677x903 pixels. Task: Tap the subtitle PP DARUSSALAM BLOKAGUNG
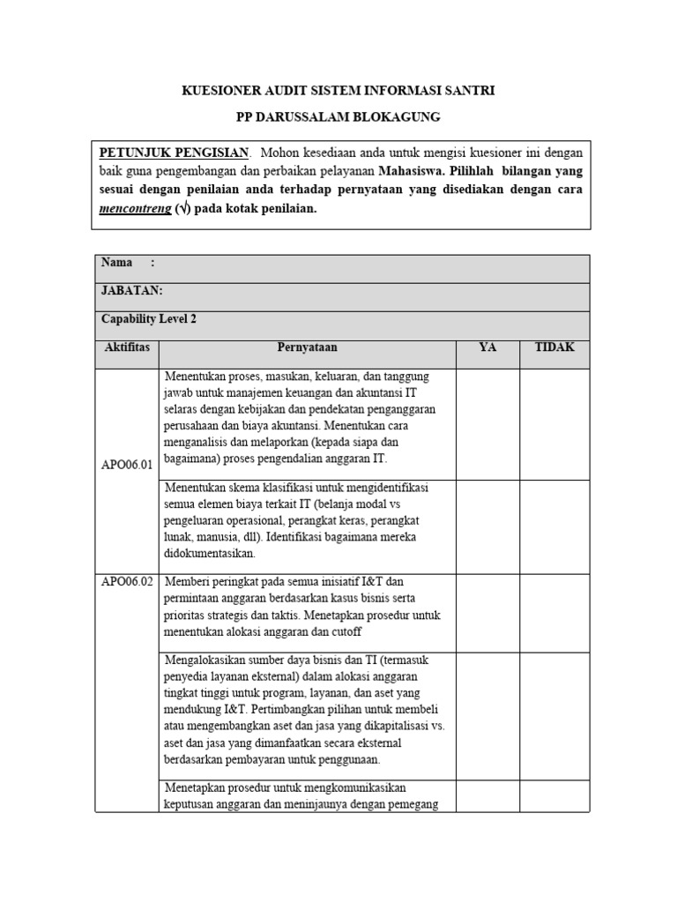coord(338,116)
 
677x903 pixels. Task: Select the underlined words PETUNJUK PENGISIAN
coord(175,152)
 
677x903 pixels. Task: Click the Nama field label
coord(117,263)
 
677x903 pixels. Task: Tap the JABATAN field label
coord(132,291)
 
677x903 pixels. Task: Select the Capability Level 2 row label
coord(149,319)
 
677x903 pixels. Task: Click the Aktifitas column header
coord(126,347)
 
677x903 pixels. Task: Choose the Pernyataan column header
coord(307,347)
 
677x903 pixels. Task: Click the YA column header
coord(487,347)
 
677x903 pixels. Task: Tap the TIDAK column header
coord(554,347)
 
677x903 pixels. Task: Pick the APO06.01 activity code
coord(127,461)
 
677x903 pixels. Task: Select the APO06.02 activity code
coord(127,582)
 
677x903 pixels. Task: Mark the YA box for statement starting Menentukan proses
coord(487,424)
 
